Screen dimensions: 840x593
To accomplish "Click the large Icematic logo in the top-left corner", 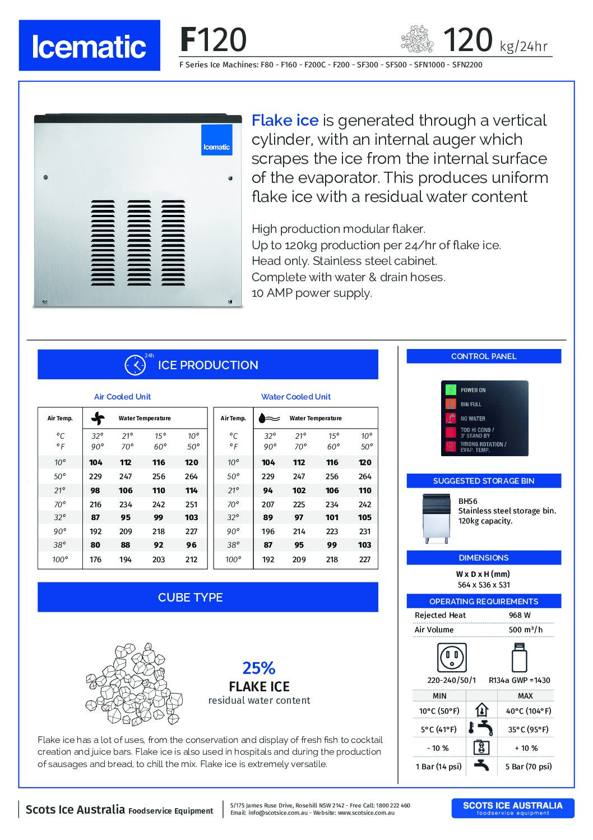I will click(89, 45).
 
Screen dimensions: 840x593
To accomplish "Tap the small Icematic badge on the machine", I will click(216, 140).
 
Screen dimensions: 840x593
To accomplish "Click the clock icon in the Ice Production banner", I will click(135, 365).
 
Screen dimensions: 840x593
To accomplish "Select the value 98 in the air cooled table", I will click(95, 490).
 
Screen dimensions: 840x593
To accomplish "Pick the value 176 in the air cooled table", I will click(95, 559).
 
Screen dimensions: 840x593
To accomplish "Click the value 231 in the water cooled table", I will click(364, 531).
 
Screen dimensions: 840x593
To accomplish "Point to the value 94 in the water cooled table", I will click(268, 490).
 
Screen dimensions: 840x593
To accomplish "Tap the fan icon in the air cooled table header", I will click(98, 418).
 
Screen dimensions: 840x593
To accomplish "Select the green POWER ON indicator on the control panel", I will click(451, 390).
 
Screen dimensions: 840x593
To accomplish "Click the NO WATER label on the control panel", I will click(473, 419).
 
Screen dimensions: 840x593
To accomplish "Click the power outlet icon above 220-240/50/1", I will click(452, 657).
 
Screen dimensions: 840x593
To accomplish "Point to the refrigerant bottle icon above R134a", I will click(519, 657).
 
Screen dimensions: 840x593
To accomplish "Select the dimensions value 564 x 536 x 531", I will click(484, 585).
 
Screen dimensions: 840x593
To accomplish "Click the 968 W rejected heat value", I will click(520, 616).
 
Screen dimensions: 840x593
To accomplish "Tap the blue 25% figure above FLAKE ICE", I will click(259, 668).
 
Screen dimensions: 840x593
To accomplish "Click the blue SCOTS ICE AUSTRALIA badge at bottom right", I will click(512, 808).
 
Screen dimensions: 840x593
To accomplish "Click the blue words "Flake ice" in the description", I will click(285, 120).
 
